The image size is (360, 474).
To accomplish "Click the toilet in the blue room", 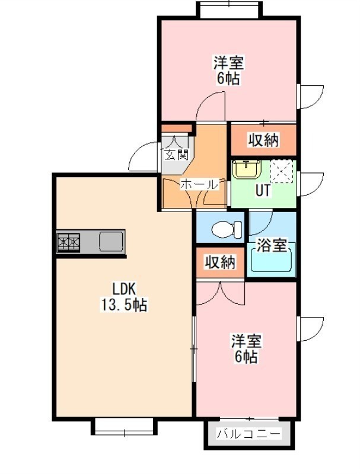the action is pyautogui.click(x=227, y=229).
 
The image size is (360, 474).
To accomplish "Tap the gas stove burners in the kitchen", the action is pyautogui.click(x=69, y=242).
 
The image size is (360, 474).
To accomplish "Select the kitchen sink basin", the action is pyautogui.click(x=111, y=241).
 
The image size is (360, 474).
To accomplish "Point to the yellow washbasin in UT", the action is pyautogui.click(x=247, y=169).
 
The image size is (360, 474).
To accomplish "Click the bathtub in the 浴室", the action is pyautogui.click(x=272, y=260).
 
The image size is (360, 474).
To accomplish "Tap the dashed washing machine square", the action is pyautogui.click(x=281, y=171).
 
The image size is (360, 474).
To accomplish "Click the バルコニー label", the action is pyautogui.click(x=249, y=434).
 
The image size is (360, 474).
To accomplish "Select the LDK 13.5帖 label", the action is pyautogui.click(x=124, y=297).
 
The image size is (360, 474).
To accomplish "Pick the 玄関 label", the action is pyautogui.click(x=176, y=155).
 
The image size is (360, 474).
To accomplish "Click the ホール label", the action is pyautogui.click(x=199, y=184).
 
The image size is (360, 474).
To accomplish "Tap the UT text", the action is pyautogui.click(x=263, y=190).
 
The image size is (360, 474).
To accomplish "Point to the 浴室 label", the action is pyautogui.click(x=272, y=245).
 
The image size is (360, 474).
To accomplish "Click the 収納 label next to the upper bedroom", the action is pyautogui.click(x=263, y=140).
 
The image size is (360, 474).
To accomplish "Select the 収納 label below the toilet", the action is pyautogui.click(x=220, y=262).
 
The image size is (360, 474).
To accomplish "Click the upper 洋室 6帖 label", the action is pyautogui.click(x=228, y=70).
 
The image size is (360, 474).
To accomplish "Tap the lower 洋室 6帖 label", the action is pyautogui.click(x=246, y=348).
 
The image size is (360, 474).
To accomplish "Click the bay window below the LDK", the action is pyautogui.click(x=125, y=426).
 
